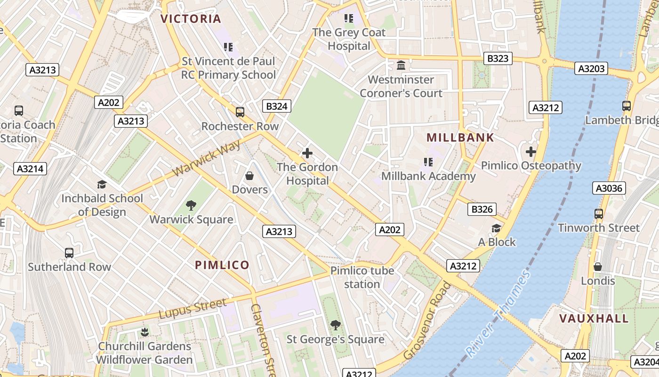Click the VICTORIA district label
point(191,19)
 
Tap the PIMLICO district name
point(222,265)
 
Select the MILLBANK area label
point(460,138)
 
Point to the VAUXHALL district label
point(594,319)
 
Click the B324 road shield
point(277,106)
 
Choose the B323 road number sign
point(498,58)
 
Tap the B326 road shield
point(482,209)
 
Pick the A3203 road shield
point(591,69)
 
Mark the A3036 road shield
point(609,188)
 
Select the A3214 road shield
point(30,169)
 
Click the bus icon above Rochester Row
point(240,112)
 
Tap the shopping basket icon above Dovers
point(249,176)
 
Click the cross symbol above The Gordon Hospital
point(307,153)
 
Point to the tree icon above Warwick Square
point(191,205)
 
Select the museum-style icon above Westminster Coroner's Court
point(402,65)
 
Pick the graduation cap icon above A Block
point(497,229)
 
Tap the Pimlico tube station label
point(362,278)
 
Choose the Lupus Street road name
point(193,309)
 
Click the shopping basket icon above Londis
point(598,267)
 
